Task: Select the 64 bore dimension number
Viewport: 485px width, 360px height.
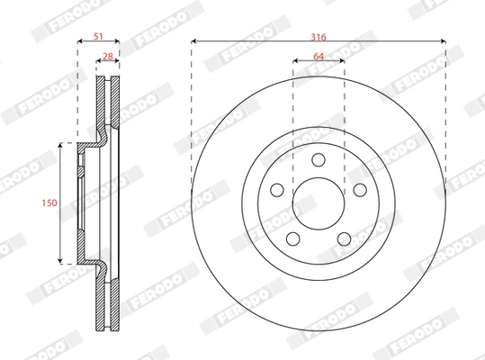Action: [319, 56]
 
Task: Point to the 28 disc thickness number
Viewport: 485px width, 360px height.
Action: [108, 56]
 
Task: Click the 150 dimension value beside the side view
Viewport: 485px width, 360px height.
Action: [50, 202]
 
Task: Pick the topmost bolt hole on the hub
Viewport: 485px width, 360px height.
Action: [319, 160]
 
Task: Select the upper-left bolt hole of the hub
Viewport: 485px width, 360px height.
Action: [277, 190]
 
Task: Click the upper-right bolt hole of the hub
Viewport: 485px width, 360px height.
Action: [360, 190]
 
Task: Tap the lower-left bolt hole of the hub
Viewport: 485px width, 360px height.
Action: [293, 238]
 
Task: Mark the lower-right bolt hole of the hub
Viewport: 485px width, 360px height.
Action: [344, 238]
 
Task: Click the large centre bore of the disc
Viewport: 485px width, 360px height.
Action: [319, 203]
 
